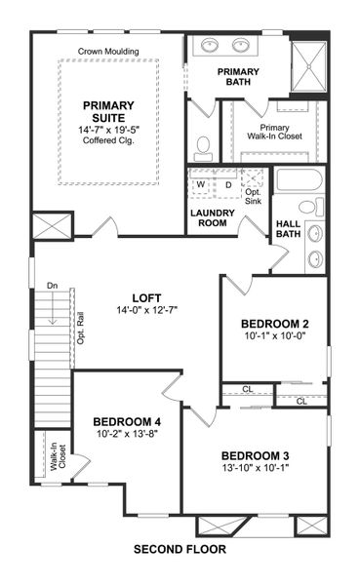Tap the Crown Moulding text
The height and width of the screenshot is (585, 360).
[107, 52]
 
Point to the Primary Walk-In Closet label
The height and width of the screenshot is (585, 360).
[274, 132]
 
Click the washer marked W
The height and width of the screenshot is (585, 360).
[201, 183]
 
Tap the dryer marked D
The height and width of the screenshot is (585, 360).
[228, 183]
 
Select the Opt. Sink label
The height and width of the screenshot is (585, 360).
[253, 196]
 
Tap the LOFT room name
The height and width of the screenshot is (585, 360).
[146, 298]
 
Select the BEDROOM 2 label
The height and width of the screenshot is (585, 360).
[275, 325]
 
